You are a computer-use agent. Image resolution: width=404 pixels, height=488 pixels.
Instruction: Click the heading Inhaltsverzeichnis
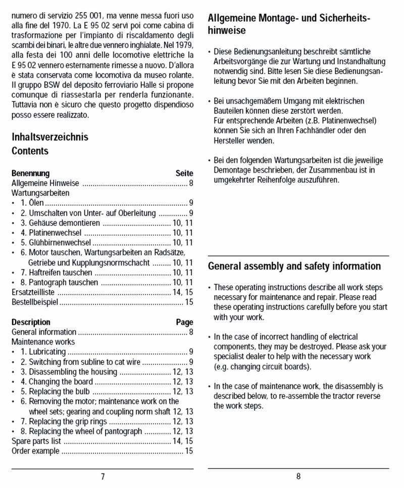tap(49, 137)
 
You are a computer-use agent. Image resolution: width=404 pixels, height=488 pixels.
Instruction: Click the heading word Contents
tap(30, 151)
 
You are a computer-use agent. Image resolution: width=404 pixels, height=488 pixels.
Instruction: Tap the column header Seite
tap(184, 173)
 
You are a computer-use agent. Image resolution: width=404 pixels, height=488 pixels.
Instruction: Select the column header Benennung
tap(30, 173)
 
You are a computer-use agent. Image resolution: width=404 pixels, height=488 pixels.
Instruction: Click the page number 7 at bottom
tap(103, 477)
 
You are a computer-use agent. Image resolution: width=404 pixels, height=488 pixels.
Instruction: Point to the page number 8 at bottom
tap(298, 477)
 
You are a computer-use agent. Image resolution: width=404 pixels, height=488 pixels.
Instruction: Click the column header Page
tap(184, 322)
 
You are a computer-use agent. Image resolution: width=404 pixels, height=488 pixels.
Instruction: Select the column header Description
tap(31, 322)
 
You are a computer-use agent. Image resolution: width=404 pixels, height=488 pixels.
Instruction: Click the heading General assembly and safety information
tap(294, 266)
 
